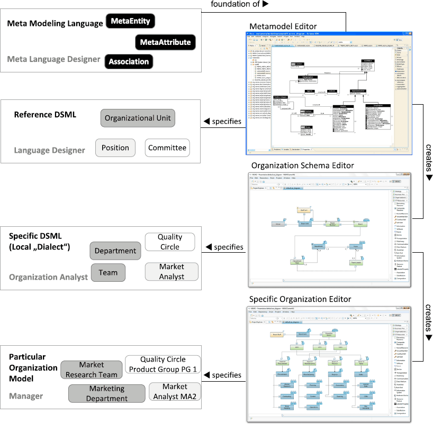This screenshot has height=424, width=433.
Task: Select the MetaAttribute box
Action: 166,42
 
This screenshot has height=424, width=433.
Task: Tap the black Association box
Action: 129,61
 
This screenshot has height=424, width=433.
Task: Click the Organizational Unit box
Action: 138,118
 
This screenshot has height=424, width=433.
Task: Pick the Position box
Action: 115,148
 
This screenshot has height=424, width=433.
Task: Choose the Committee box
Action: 167,148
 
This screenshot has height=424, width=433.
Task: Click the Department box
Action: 115,251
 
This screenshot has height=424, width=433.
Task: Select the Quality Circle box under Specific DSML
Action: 169,242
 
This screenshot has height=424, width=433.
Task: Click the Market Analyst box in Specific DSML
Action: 172,272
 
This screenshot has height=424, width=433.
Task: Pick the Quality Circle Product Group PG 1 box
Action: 163,364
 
